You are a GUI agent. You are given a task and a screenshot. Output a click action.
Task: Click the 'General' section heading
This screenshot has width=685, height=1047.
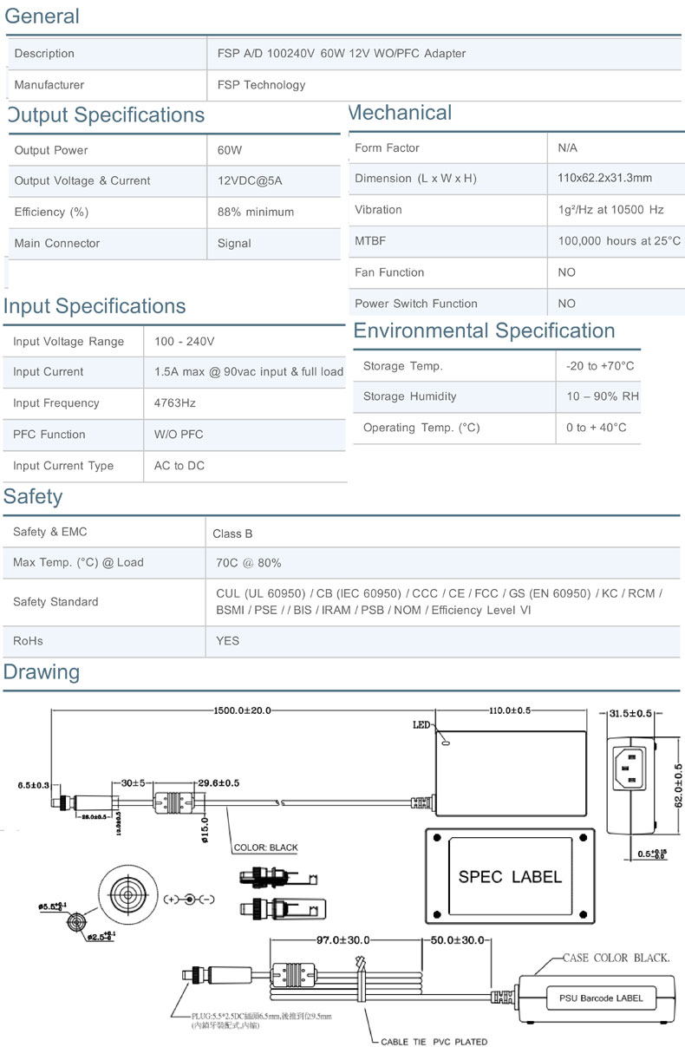point(42,16)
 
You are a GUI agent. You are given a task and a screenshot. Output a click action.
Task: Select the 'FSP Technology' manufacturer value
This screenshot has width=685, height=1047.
point(262,85)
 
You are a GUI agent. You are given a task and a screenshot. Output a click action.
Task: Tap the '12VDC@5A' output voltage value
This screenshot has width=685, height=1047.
point(250,181)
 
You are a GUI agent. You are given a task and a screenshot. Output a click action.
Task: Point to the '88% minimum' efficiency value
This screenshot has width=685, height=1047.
point(256,213)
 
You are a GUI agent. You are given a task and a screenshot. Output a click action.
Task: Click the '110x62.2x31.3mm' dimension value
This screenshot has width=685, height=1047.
point(605,178)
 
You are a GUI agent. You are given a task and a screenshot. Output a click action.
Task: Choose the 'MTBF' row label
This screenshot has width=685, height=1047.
point(370,241)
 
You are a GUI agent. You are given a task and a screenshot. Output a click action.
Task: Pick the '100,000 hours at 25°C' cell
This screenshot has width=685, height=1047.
point(619,241)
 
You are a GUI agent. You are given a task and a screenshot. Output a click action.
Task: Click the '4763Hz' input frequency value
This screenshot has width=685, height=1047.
point(175,403)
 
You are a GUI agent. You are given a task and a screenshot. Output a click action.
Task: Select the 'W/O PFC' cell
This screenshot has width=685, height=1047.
point(179,435)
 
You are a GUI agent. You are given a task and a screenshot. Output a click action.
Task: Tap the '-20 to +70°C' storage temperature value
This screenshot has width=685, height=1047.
point(600,366)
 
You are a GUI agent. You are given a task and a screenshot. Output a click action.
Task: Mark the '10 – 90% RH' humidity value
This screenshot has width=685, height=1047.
point(603,396)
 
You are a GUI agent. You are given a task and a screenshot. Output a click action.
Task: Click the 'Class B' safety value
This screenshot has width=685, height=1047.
point(232,533)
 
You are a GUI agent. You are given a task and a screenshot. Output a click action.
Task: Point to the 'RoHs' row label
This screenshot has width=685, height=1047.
point(28,641)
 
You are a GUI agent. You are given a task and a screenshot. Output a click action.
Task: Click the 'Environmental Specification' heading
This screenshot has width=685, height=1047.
point(484,331)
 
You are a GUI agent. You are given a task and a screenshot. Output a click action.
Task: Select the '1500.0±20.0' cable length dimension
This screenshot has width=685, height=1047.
point(242,710)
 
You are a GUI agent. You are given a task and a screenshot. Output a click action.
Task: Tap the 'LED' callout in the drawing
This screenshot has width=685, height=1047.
point(421,725)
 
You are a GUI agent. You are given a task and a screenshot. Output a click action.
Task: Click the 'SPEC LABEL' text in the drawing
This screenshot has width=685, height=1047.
point(510,877)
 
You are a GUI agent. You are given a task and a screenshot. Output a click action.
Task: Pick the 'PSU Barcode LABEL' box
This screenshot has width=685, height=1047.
point(600,998)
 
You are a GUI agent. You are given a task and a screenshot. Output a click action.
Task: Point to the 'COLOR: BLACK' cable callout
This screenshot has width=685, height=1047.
point(265,847)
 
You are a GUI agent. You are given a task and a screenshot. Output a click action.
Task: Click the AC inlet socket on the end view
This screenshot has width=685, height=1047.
point(630,769)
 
